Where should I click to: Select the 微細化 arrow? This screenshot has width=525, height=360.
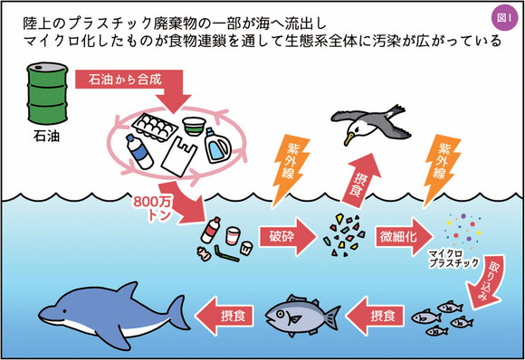coord(396,237)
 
